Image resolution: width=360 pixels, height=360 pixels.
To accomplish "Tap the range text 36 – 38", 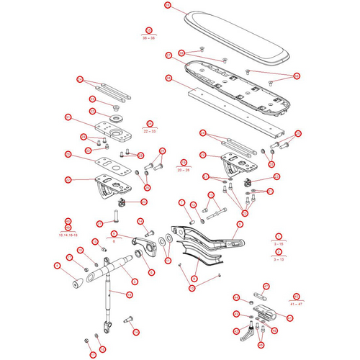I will [148, 36].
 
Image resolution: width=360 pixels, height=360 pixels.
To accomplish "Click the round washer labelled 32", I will [115, 117].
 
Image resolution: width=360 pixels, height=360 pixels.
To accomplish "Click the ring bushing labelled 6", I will [151, 273].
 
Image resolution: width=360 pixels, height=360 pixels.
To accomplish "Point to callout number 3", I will [279, 236].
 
